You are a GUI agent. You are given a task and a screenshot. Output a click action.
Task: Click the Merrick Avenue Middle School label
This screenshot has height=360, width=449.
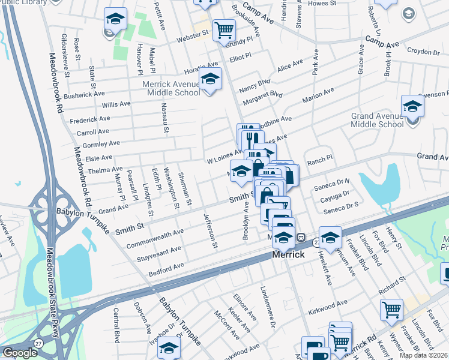[x=171, y=89]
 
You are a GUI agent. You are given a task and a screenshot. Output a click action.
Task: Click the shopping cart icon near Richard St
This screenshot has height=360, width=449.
[x=391, y=310]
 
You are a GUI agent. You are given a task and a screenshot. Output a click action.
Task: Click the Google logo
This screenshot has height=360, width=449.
[x=19, y=353]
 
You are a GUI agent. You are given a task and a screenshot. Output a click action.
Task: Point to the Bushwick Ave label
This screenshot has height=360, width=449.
[x=84, y=95]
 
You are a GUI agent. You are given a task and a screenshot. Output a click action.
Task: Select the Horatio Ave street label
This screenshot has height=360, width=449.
[x=200, y=65]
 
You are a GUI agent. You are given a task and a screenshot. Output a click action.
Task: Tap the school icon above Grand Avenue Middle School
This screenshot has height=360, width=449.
[x=413, y=106]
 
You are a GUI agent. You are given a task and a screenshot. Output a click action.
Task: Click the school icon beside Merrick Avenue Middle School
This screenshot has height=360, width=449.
[x=210, y=79]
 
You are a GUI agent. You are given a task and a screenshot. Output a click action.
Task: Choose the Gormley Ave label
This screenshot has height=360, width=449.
[x=103, y=144]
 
